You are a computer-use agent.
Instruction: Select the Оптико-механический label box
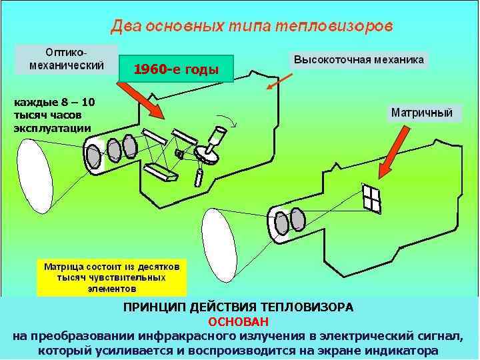[66, 59]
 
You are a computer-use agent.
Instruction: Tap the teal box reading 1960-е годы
[176, 69]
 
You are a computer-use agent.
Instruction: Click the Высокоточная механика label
[359, 59]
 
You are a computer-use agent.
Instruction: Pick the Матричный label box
[421, 112]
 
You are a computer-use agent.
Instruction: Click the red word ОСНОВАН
[238, 321]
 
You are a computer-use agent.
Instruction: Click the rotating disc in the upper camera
[210, 154]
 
